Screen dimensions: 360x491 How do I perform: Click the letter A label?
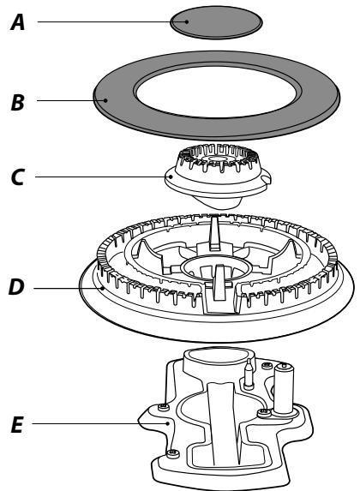(x=18, y=22)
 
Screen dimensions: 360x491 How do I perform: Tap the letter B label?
(x=17, y=102)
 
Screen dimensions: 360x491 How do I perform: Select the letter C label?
(x=17, y=177)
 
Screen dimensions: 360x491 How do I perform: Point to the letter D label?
(x=16, y=287)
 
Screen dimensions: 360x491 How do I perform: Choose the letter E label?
(x=17, y=425)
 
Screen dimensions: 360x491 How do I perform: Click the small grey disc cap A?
(x=216, y=22)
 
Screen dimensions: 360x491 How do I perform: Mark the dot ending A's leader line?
(x=187, y=22)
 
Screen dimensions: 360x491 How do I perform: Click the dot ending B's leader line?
(x=106, y=100)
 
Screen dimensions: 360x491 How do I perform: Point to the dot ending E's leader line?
(x=168, y=423)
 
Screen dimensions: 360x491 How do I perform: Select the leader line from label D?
(x=68, y=289)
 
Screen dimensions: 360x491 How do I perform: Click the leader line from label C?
(x=103, y=177)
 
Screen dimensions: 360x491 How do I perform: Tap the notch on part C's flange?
(x=266, y=179)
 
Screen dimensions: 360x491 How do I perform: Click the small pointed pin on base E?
(x=249, y=374)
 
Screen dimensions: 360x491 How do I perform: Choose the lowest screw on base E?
(x=172, y=453)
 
